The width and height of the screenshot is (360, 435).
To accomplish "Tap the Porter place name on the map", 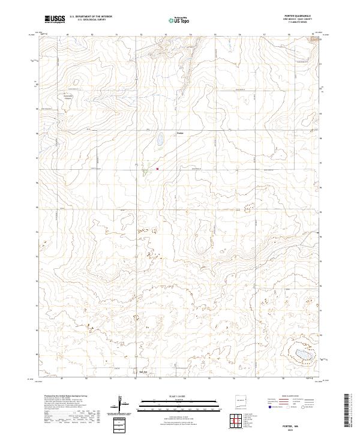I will pyautogui.click(x=181, y=133).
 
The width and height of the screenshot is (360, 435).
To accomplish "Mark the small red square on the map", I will pyautogui.click(x=157, y=169).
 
